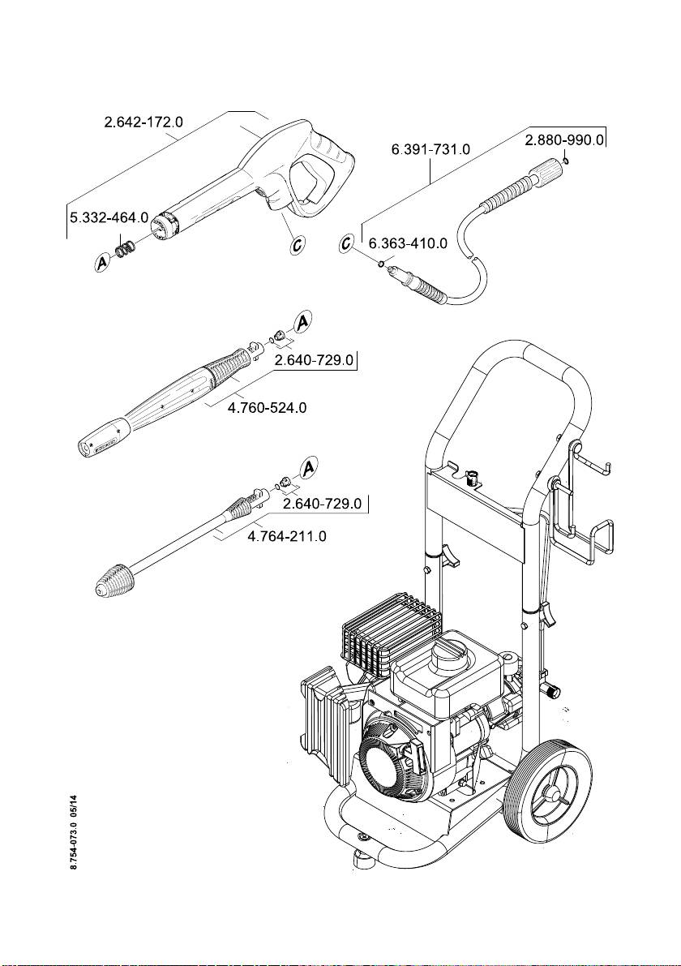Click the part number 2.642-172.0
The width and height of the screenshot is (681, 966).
tap(143, 122)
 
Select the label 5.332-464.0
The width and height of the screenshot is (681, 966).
tap(108, 217)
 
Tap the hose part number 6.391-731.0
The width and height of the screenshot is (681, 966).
tap(430, 150)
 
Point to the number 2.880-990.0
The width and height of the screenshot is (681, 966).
tap(564, 140)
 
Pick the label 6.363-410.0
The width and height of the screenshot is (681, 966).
tap(408, 243)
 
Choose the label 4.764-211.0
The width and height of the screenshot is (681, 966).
tap(287, 537)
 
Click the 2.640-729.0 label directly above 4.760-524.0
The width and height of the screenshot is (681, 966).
tap(315, 360)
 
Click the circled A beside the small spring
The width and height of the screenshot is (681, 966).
tap(103, 263)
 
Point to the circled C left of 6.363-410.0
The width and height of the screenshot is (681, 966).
tap(349, 243)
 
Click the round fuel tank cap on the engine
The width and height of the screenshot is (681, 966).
tap(447, 651)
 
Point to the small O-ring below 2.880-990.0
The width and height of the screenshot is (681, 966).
tap(566, 161)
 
